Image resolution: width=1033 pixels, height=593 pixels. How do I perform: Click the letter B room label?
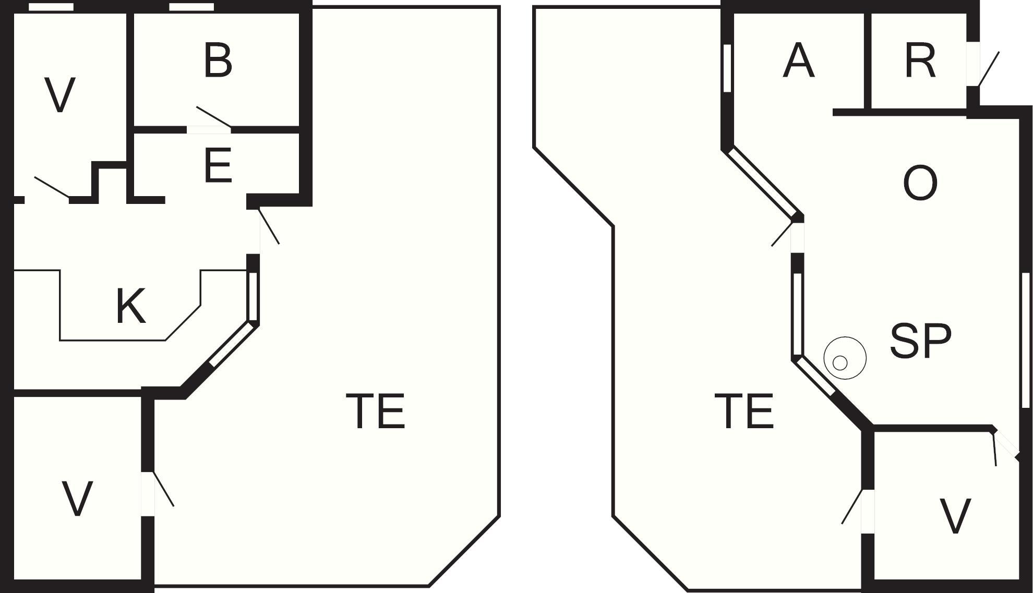(218, 61)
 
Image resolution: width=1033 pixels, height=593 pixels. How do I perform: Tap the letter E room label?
(218, 165)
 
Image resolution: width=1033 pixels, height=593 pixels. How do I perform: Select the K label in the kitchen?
(130, 306)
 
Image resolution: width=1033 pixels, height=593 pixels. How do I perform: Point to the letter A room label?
(799, 61)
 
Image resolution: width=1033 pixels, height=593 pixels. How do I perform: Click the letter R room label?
(920, 61)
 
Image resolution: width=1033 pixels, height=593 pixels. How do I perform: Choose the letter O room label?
(920, 183)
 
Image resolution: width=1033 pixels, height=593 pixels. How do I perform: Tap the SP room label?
(920, 341)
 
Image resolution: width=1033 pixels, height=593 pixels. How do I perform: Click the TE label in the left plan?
(376, 411)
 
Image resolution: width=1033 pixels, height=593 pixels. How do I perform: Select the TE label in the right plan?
(743, 411)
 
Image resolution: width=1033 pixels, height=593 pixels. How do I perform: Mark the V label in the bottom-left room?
(77, 499)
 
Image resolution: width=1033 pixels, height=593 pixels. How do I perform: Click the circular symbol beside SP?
(845, 358)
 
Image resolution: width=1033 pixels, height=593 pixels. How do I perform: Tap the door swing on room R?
(988, 69)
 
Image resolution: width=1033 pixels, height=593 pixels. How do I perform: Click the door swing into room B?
(214, 116)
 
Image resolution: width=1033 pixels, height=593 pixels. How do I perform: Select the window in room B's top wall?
(191, 7)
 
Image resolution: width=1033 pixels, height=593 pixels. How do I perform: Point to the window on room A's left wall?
(727, 68)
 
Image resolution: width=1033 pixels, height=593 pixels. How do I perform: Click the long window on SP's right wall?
(1025, 340)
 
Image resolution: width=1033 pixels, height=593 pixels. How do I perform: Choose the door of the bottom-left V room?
(163, 489)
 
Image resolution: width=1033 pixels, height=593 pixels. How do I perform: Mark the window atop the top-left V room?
(51, 7)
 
